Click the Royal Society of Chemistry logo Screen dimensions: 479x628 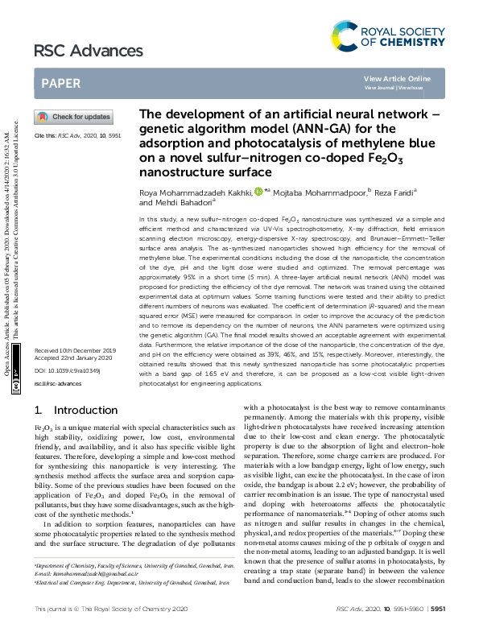387,36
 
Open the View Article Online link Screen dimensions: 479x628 397,78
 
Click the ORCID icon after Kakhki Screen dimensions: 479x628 258,192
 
